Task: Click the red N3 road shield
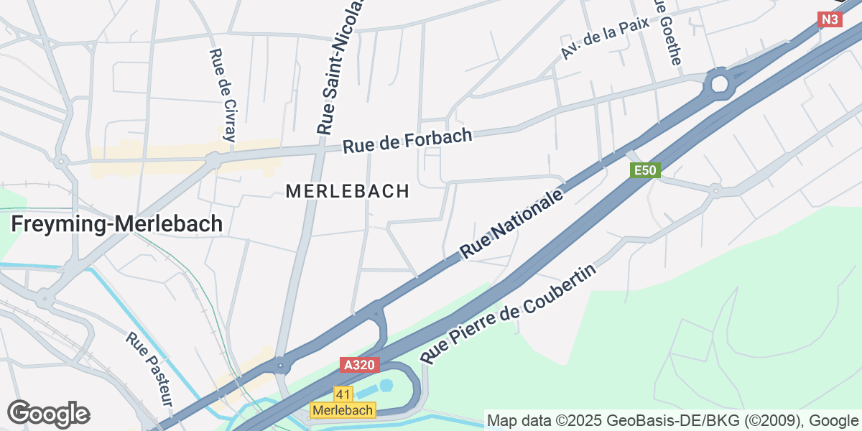pos(830,19)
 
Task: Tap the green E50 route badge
pos(645,170)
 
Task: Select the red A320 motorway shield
pos(358,366)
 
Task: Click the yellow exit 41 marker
pos(343,394)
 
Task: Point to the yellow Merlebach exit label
pos(343,410)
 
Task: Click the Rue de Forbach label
pos(407,141)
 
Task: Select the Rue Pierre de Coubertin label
pos(509,314)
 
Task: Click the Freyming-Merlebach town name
pos(117,224)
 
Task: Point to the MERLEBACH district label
pos(348,192)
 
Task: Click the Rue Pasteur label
pos(149,369)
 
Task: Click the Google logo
pos(48,414)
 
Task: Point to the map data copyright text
pos(672,420)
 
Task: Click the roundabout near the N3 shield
pos(719,85)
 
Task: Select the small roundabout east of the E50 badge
pos(715,190)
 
